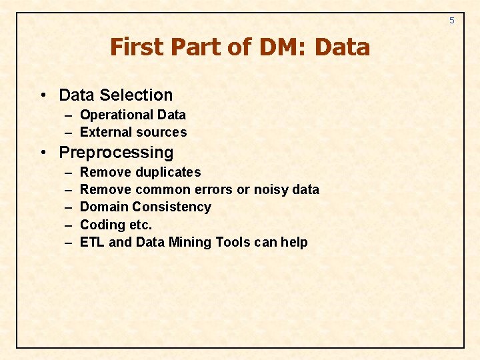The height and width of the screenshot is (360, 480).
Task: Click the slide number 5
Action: coord(451,21)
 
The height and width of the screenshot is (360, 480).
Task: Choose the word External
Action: coord(104,132)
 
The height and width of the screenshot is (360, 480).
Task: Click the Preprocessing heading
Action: coord(116,153)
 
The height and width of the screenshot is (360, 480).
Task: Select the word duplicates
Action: coord(168,172)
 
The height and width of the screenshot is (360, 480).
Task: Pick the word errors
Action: coord(213,189)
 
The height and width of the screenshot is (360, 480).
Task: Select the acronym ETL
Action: coord(92,242)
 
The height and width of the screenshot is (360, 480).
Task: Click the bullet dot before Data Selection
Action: coord(43,95)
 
